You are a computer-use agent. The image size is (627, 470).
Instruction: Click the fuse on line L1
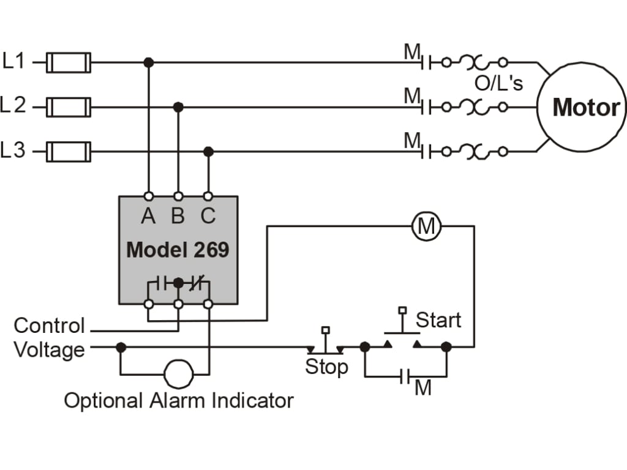69,62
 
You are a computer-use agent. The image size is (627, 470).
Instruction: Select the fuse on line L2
69,107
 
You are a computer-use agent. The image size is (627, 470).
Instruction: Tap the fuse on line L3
69,151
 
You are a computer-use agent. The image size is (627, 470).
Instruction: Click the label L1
15,61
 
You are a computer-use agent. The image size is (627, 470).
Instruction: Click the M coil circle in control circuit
426,226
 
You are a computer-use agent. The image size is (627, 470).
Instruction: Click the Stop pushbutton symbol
325,346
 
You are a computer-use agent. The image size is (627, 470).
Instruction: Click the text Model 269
178,250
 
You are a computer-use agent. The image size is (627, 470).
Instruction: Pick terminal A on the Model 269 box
148,196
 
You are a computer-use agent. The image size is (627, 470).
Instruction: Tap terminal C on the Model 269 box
208,196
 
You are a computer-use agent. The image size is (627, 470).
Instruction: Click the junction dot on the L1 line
148,62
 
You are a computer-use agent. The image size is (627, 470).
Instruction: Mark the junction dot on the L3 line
208,151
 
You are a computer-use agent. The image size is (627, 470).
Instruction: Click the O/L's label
499,84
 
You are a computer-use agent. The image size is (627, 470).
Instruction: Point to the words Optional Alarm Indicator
179,401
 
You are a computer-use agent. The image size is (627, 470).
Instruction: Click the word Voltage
49,351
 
